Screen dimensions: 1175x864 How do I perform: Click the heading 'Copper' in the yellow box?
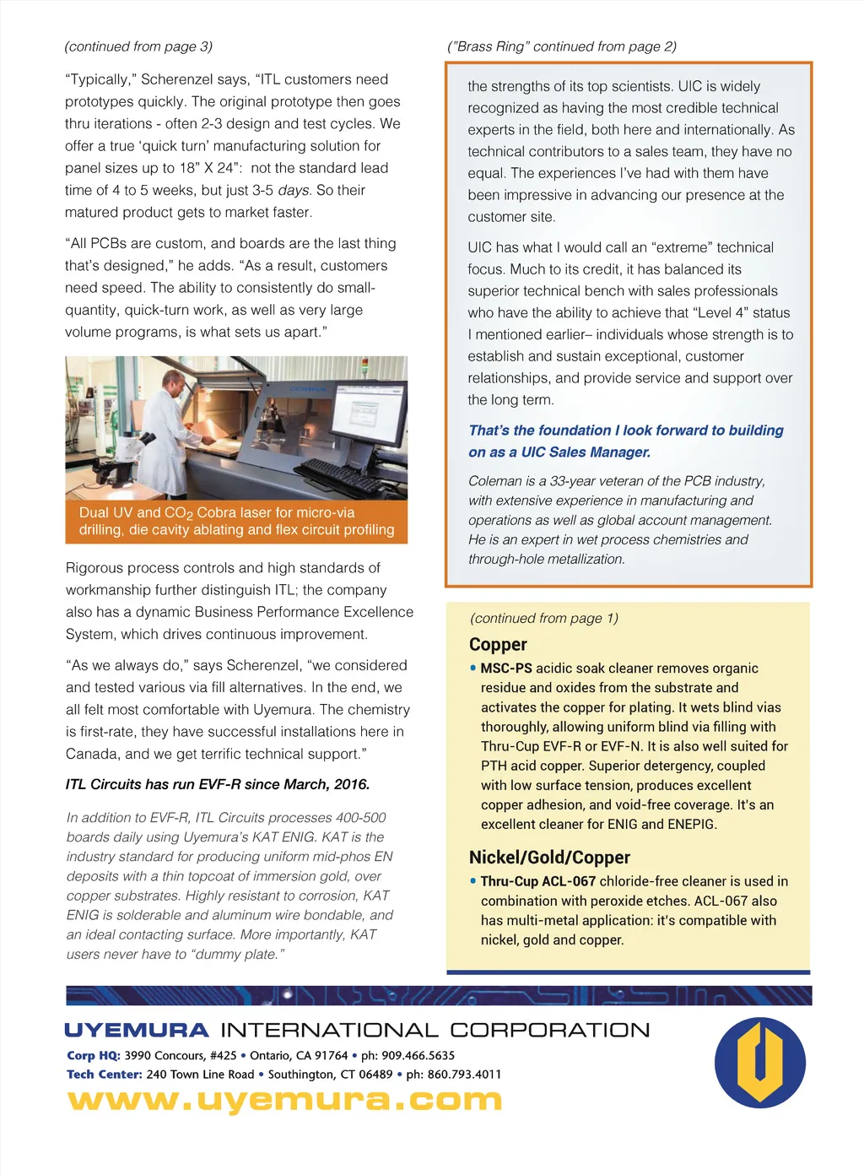coord(498,645)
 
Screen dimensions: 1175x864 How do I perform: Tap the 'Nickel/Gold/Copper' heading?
coord(549,858)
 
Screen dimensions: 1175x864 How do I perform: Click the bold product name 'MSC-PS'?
coord(506,669)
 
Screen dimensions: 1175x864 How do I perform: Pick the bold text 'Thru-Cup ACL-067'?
coord(538,881)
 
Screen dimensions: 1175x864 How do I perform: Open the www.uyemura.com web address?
coord(284,1100)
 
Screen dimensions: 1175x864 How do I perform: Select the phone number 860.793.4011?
coord(464,1075)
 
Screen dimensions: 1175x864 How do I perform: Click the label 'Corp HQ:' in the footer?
coord(94,1055)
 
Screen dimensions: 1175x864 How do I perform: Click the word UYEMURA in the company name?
coord(137,1030)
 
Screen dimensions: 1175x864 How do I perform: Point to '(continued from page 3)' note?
coord(138,46)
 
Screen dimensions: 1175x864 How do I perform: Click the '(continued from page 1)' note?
coord(544,618)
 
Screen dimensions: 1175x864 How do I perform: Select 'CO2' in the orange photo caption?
coord(179,513)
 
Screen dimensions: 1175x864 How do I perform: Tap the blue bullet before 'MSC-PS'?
coord(473,668)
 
